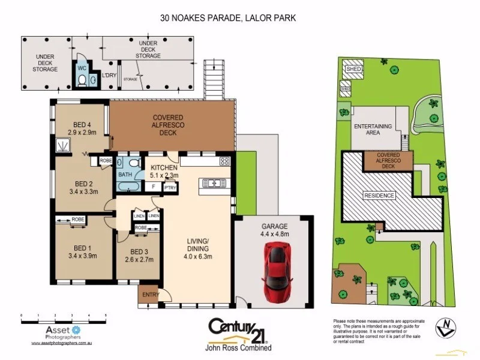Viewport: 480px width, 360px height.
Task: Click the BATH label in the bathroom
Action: click(x=125, y=175)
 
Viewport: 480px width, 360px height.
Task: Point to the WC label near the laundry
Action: click(x=82, y=68)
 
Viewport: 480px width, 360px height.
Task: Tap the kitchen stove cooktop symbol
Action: click(x=225, y=161)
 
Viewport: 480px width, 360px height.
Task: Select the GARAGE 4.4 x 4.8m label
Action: click(x=274, y=230)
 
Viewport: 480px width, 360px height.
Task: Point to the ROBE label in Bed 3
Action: click(x=141, y=228)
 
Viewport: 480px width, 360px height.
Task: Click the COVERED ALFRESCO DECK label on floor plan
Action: click(x=168, y=125)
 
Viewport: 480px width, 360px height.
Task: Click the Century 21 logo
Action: click(x=239, y=329)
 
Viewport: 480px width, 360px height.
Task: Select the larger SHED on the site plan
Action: click(x=352, y=70)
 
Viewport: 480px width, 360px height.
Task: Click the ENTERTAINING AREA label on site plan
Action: click(x=373, y=129)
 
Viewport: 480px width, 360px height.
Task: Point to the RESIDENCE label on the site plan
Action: click(x=379, y=196)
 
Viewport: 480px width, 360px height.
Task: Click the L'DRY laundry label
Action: click(x=109, y=75)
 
